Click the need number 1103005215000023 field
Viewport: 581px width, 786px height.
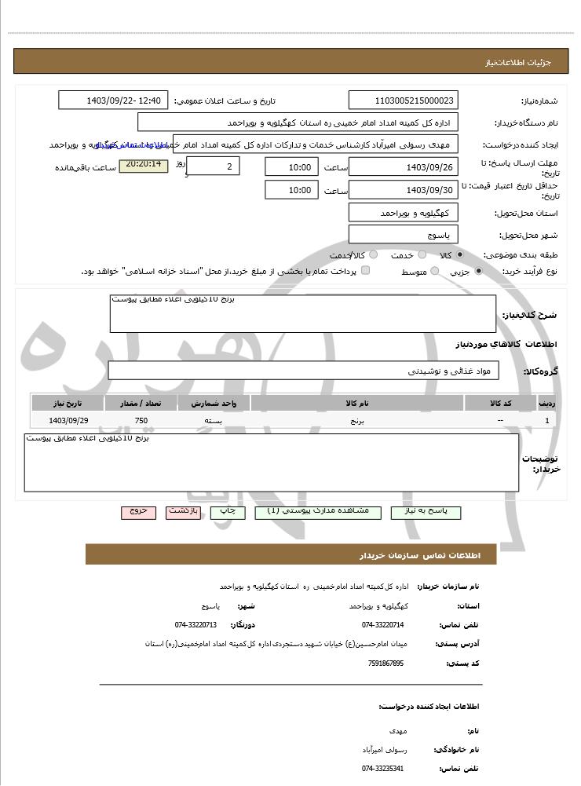[403, 101]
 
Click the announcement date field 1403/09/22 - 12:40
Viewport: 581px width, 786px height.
[113, 101]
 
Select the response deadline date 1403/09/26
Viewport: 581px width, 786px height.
[403, 166]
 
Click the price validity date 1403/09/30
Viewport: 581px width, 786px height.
[403, 190]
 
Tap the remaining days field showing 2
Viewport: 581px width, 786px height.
[214, 166]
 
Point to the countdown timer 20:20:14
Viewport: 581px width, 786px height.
[143, 165]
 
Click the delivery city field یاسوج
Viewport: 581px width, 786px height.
[403, 234]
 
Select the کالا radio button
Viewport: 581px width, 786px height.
[460, 255]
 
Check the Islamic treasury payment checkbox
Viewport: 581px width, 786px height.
[365, 271]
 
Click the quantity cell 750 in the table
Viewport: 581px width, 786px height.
[141, 421]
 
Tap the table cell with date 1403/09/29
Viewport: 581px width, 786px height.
[68, 421]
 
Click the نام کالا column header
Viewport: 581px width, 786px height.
[357, 403]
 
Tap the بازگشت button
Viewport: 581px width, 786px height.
[183, 511]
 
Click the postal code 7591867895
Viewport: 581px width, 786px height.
[386, 664]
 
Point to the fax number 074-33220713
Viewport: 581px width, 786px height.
[195, 625]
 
